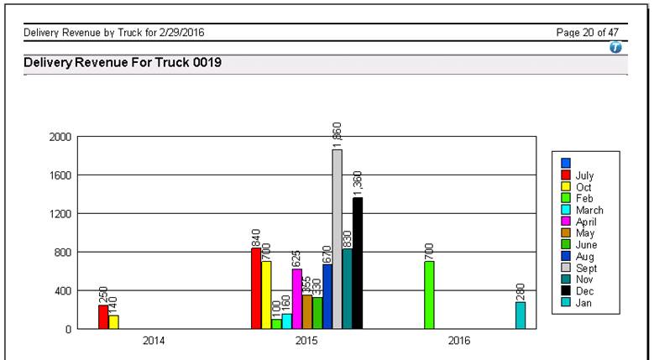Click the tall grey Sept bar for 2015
pyautogui.click(x=337, y=239)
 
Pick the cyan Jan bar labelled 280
pyautogui.click(x=521, y=315)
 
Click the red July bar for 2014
pyautogui.click(x=103, y=316)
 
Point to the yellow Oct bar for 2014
pyautogui.click(x=113, y=321)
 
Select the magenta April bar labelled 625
pyautogui.click(x=296, y=298)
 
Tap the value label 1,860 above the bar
pyautogui.click(x=337, y=134)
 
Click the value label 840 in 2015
pyautogui.click(x=256, y=237)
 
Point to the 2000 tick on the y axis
pyautogui.click(x=60, y=137)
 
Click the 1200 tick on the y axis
pyautogui.click(x=60, y=214)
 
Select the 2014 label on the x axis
pyautogui.click(x=153, y=342)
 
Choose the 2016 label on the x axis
pyautogui.click(x=458, y=342)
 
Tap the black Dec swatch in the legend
pyautogui.click(x=566, y=291)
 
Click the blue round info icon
pyautogui.click(x=615, y=49)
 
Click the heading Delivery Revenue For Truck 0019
pyautogui.click(x=123, y=63)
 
